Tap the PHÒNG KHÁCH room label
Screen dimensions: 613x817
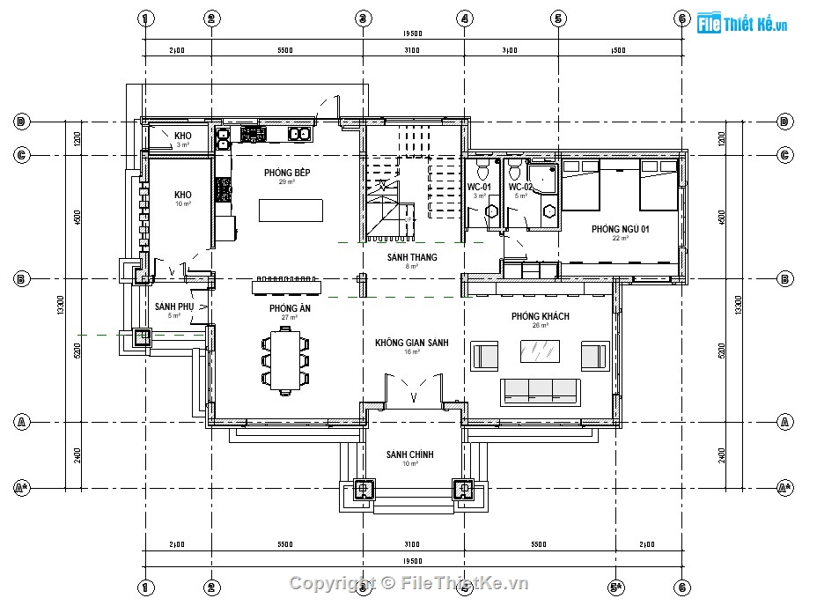click(540, 316)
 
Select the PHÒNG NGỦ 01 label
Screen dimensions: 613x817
click(620, 229)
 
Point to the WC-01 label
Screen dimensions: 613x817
click(479, 188)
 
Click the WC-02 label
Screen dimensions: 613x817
click(520, 188)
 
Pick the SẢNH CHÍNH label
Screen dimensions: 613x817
click(409, 454)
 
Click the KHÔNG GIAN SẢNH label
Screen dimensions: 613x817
click(411, 343)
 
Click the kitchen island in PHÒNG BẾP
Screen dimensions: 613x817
click(291, 211)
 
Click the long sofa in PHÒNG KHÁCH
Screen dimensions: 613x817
click(540, 392)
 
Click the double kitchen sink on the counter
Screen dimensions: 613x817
click(299, 134)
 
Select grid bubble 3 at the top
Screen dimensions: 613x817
click(362, 18)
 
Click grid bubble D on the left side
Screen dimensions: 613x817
click(21, 122)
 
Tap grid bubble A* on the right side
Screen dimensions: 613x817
click(784, 487)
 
